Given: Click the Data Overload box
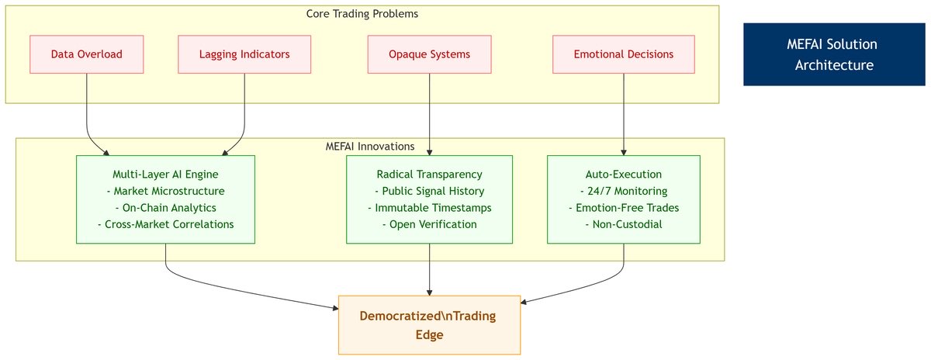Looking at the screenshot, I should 86,54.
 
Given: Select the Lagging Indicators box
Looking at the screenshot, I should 244,54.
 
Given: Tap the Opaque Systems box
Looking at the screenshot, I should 429,54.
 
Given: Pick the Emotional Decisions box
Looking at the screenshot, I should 624,54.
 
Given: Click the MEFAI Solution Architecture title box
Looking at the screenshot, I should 834,54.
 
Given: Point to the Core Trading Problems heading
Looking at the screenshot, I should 362,13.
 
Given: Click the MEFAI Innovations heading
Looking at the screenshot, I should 369,146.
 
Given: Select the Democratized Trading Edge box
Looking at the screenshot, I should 429,325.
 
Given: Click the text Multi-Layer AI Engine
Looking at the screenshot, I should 165,175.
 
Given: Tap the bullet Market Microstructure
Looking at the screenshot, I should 165,191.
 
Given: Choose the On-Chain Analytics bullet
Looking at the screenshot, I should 165,208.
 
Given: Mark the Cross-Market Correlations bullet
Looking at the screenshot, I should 165,224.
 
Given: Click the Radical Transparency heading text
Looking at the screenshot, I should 429,175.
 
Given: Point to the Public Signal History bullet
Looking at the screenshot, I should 429,191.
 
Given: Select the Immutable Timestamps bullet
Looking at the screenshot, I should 429,208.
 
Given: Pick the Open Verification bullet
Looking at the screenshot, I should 429,224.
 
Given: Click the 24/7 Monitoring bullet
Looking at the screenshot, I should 624,191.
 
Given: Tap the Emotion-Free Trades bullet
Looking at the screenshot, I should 624,208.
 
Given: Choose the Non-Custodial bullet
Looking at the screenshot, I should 624,224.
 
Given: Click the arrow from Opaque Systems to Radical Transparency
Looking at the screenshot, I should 429,113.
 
